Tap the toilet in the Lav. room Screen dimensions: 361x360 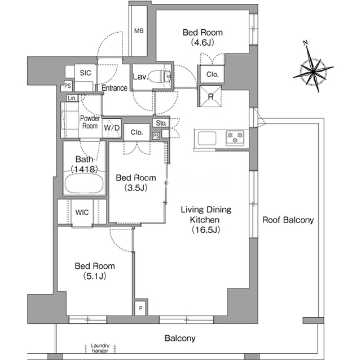click(159, 77)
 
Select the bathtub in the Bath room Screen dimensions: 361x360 click(84, 184)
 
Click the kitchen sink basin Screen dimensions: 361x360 click(207, 139)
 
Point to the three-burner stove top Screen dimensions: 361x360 click(235, 138)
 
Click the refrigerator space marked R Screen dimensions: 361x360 click(210, 96)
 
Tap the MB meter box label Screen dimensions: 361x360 click(139, 30)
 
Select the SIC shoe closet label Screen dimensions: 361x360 click(85, 73)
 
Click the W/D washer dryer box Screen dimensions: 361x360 click(112, 128)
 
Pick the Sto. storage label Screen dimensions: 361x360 click(161, 123)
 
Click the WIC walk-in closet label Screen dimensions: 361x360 click(82, 212)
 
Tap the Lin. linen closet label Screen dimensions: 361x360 click(72, 99)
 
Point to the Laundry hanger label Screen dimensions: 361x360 click(100, 348)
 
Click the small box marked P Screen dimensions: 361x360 click(141, 308)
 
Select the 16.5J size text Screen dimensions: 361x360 click(206, 230)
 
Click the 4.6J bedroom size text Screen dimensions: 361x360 click(202, 42)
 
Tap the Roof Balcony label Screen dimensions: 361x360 click(288, 220)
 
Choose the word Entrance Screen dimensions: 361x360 click(115, 88)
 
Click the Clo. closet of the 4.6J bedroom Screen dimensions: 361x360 click(212, 74)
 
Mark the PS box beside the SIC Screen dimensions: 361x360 click(67, 86)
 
